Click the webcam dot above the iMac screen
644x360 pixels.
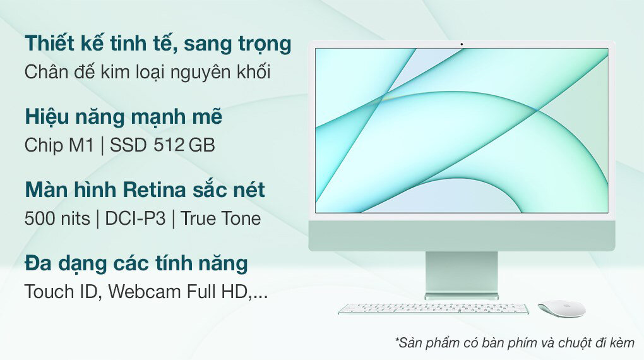(x=462, y=44)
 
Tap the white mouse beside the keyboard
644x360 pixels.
(x=561, y=309)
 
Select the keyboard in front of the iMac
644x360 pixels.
(x=433, y=309)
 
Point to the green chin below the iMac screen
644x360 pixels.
(x=462, y=236)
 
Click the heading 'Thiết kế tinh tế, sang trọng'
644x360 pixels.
(x=158, y=44)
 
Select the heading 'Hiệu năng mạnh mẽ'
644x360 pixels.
(x=124, y=116)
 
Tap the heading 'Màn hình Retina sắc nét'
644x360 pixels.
(x=145, y=190)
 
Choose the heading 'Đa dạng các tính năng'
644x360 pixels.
(x=136, y=263)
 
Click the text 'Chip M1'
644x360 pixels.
(x=59, y=145)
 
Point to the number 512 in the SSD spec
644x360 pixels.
(x=169, y=145)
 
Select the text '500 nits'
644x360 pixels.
(x=57, y=219)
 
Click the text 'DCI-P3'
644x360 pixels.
(x=135, y=219)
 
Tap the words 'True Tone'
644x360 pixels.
(x=220, y=219)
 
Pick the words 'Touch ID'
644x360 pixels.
(x=62, y=291)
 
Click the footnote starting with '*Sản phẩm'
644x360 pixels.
(x=515, y=342)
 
